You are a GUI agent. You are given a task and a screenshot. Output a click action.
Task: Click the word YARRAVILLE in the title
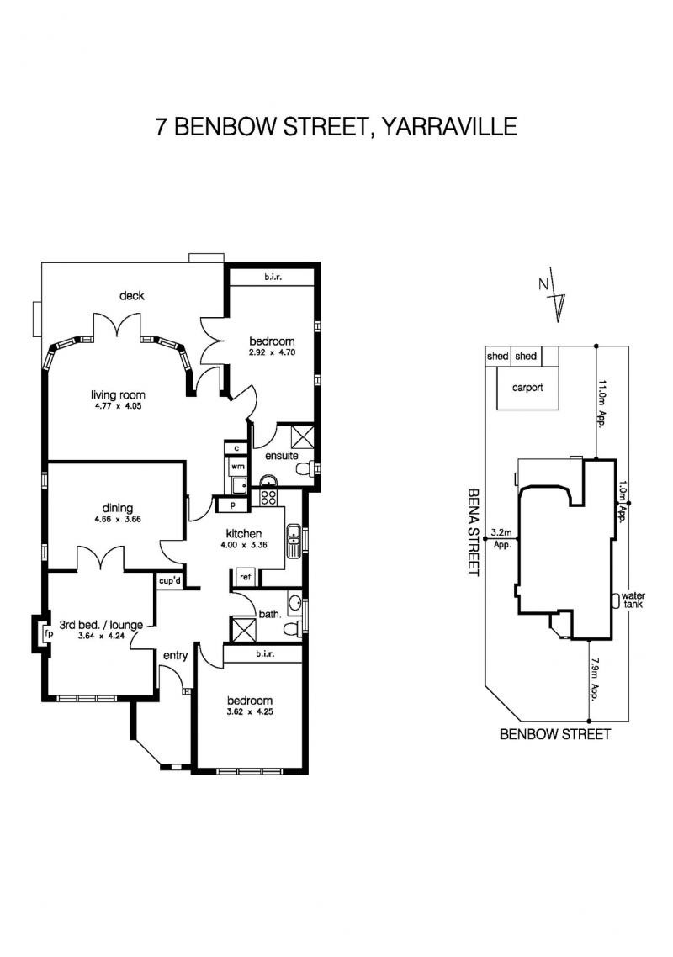[449, 126]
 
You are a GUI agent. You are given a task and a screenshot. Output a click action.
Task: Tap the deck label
[132, 296]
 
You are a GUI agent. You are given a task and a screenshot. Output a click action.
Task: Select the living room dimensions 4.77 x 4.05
[119, 406]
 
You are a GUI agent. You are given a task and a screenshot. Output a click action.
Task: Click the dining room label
[117, 508]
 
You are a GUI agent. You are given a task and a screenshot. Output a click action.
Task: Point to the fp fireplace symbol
[48, 633]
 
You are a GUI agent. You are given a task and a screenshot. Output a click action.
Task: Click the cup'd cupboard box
[169, 580]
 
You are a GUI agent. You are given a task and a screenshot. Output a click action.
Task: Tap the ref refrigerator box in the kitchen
[245, 577]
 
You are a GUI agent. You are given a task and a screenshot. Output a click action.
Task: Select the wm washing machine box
[236, 467]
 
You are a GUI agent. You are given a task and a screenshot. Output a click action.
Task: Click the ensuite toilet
[305, 468]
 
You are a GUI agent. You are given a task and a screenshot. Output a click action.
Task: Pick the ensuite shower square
[302, 436]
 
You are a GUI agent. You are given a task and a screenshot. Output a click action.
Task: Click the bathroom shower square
[241, 629]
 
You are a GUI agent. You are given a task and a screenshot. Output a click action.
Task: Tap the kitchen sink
[294, 540]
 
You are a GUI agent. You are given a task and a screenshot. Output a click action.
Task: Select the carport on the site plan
[527, 388]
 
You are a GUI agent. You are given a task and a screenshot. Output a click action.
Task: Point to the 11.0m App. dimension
[603, 404]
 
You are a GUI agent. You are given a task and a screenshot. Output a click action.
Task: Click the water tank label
[633, 600]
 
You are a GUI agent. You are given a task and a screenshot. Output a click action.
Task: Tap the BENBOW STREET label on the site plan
[555, 734]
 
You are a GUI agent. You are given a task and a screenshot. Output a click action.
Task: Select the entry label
[175, 655]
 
